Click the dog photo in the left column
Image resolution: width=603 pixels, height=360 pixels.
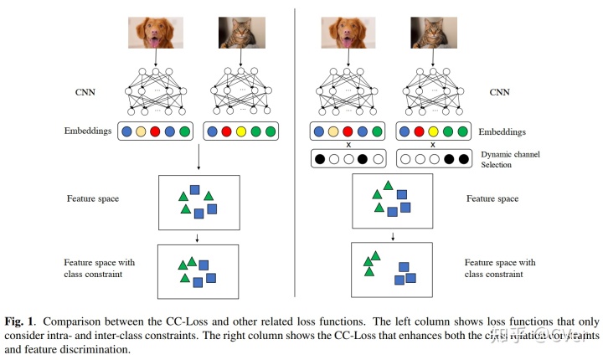tap(157, 31)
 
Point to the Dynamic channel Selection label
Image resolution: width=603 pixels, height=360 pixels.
tap(513, 159)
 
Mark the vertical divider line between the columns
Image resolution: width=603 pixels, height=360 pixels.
tap(295, 151)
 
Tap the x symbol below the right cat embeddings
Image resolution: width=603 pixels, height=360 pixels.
tap(432, 145)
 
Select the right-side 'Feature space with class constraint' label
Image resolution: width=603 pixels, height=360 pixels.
tap(501, 268)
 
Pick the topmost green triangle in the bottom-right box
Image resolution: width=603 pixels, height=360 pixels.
tap(375, 255)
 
